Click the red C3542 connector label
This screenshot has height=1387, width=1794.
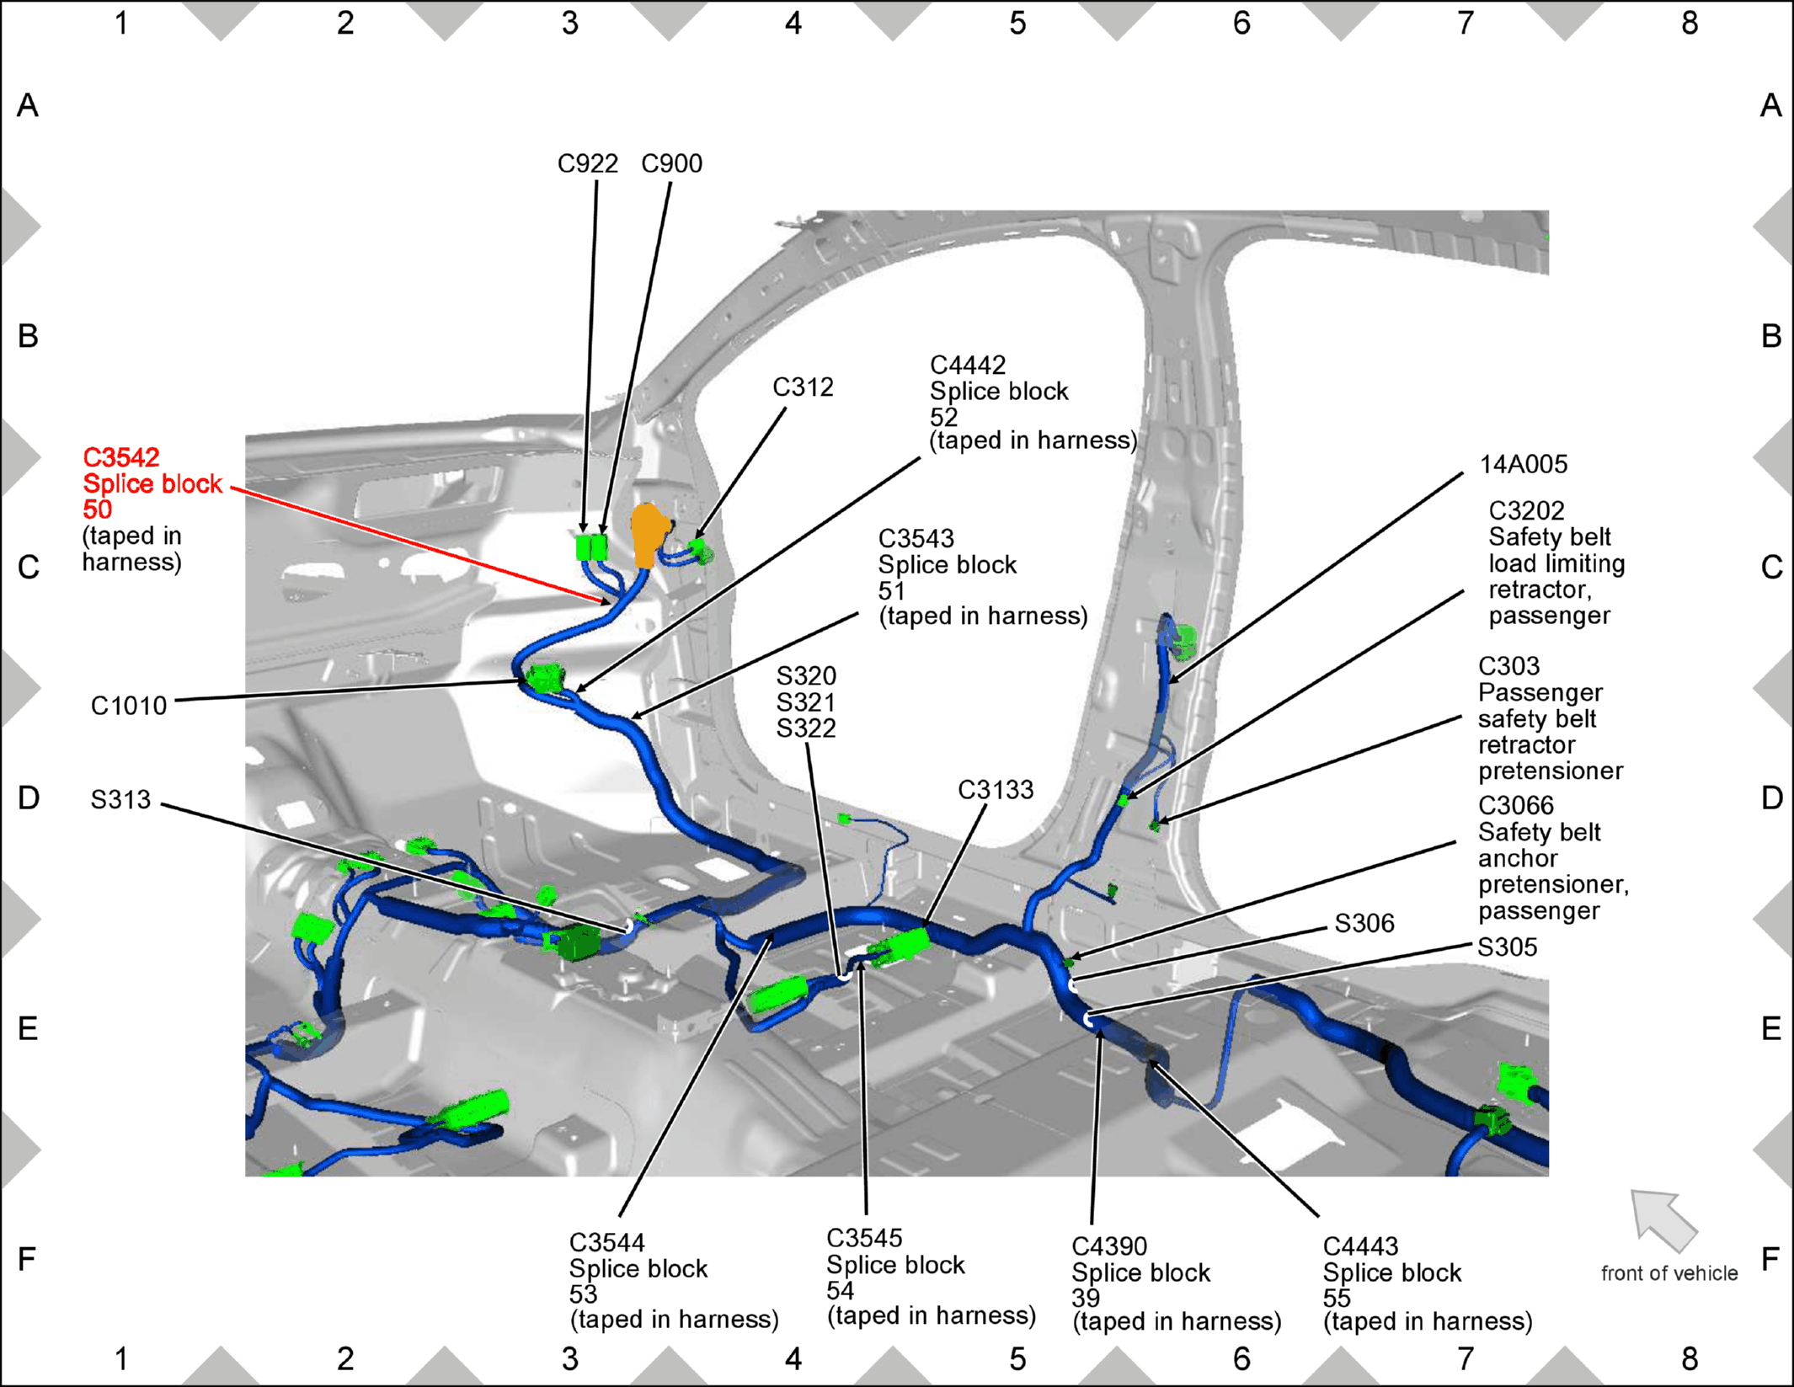[120, 457]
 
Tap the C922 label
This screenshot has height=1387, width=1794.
[588, 163]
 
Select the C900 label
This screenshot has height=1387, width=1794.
[671, 163]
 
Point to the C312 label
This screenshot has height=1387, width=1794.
[803, 387]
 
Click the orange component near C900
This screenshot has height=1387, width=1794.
[649, 535]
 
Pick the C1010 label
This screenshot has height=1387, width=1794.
[129, 706]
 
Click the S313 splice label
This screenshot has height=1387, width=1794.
[120, 799]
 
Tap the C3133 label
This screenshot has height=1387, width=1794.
[996, 790]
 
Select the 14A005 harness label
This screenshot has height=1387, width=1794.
[1524, 465]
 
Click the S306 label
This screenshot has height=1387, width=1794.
[1364, 924]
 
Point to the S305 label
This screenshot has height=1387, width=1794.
[1508, 947]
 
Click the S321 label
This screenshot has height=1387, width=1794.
[806, 702]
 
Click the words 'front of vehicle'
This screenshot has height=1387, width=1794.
[1669, 1273]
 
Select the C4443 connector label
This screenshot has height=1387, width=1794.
[1360, 1246]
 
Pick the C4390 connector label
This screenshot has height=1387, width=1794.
[1109, 1246]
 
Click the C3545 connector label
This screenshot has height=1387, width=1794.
[864, 1239]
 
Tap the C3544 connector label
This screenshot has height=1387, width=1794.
[607, 1243]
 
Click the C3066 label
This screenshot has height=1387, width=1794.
[1516, 806]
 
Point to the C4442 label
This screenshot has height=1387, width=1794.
[968, 365]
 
